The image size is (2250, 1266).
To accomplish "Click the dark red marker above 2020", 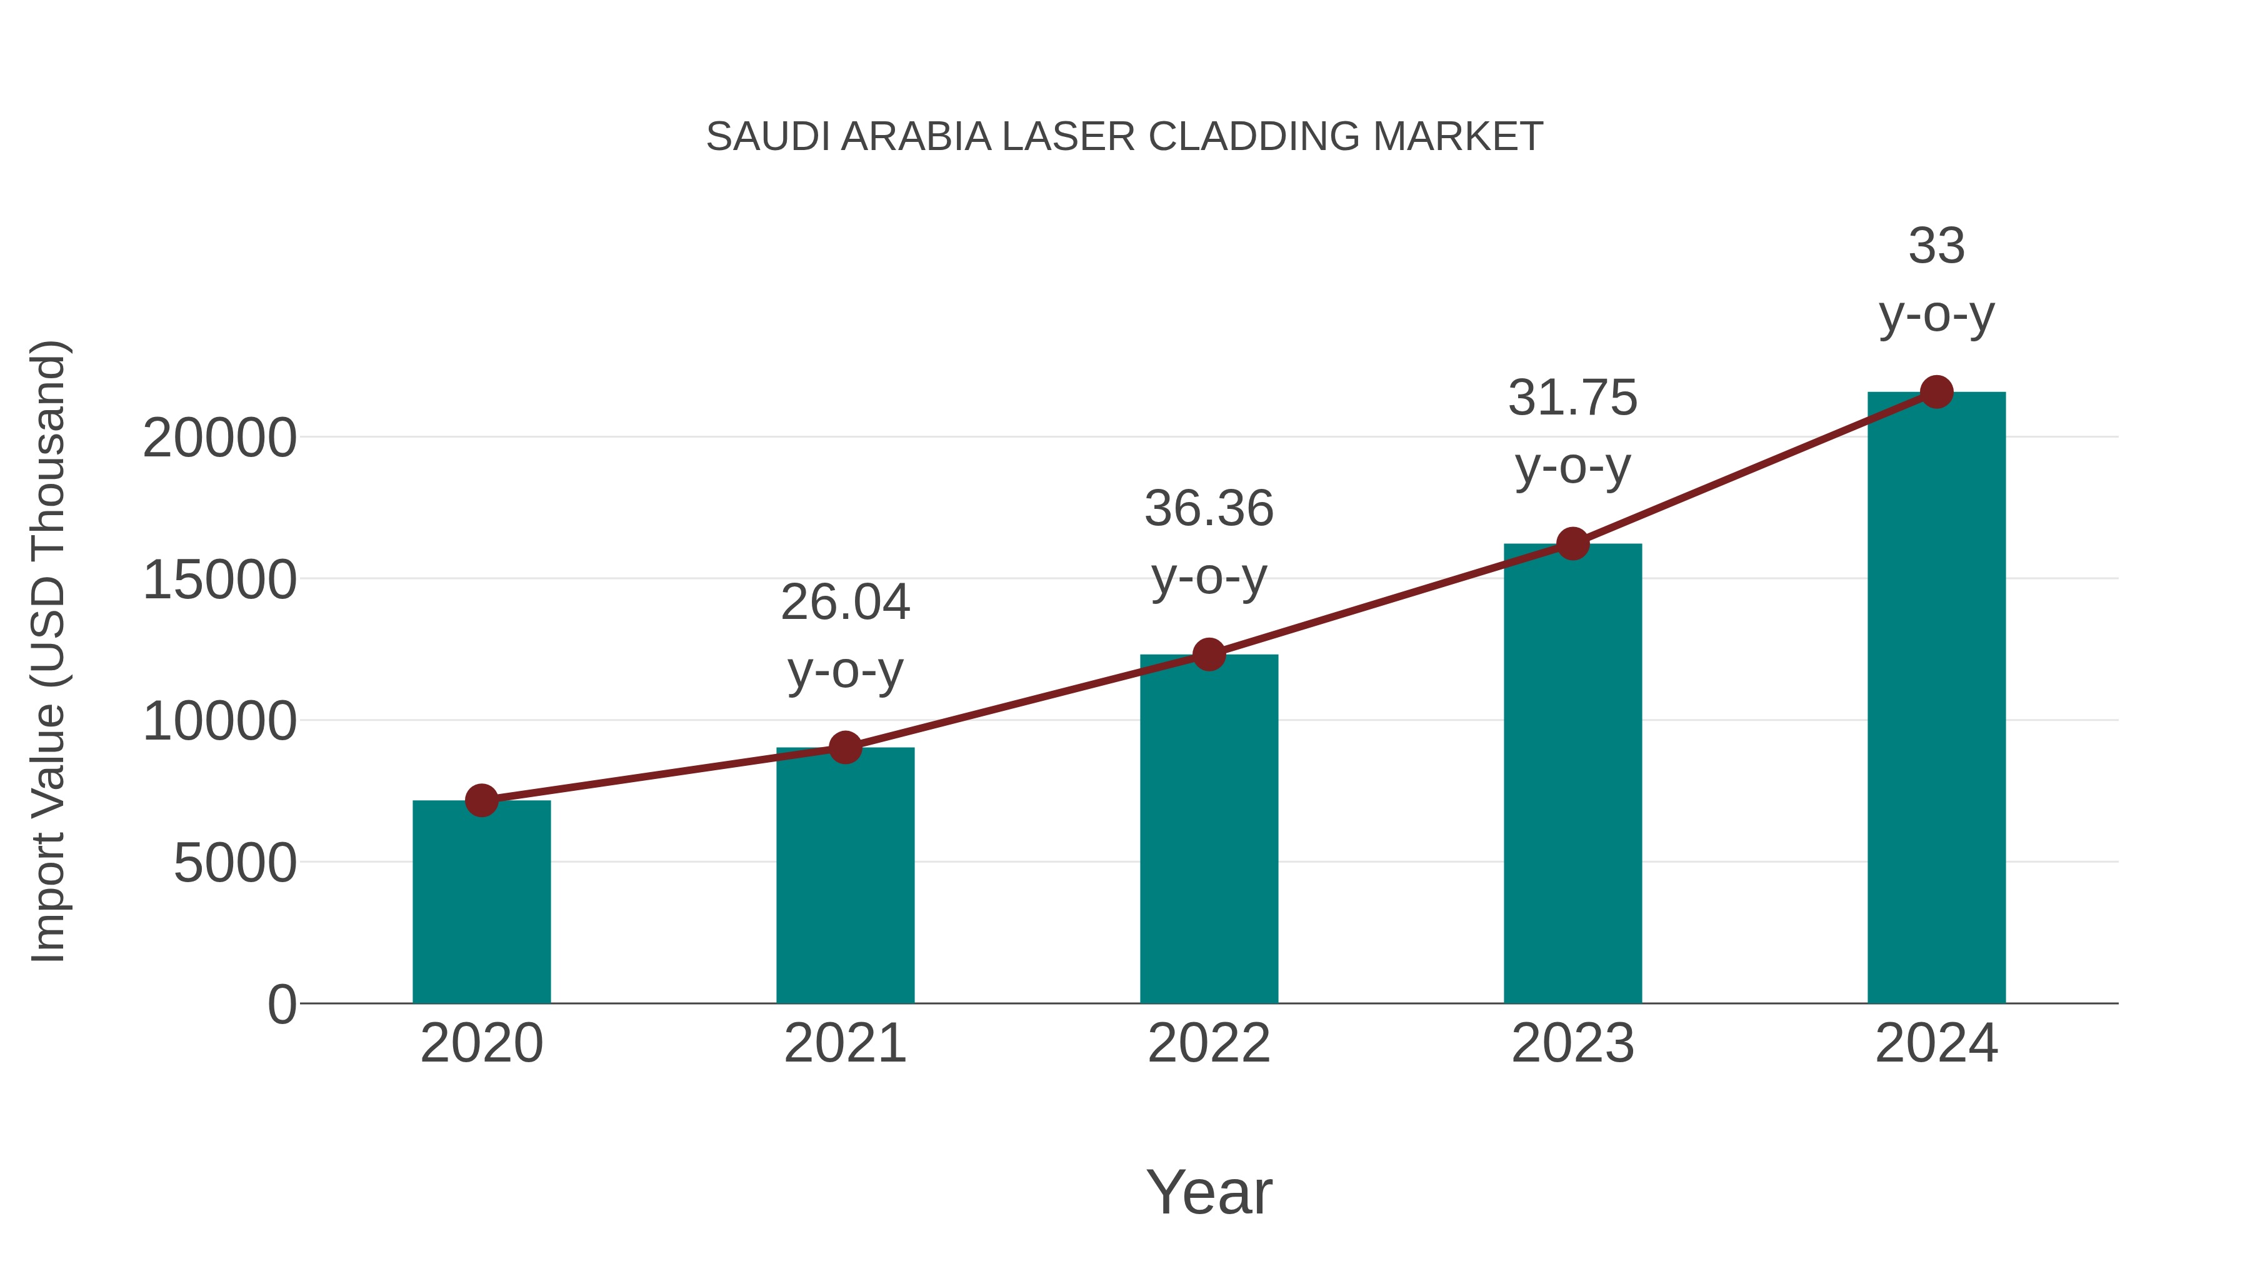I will click(x=481, y=800).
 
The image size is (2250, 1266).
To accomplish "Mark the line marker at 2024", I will click(x=1936, y=392).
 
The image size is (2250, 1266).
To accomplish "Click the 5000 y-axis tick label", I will click(x=235, y=863).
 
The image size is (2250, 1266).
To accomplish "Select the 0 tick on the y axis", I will click(x=282, y=1005).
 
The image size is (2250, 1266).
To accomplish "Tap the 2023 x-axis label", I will click(x=1572, y=1043).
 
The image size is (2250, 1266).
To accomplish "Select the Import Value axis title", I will click(x=48, y=651).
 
